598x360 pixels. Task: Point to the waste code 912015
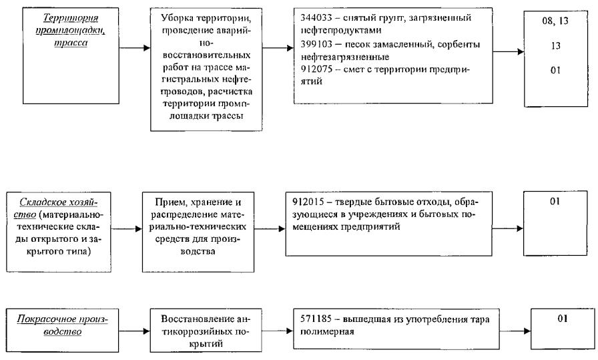point(306,200)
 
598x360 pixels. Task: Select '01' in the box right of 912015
point(553,200)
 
